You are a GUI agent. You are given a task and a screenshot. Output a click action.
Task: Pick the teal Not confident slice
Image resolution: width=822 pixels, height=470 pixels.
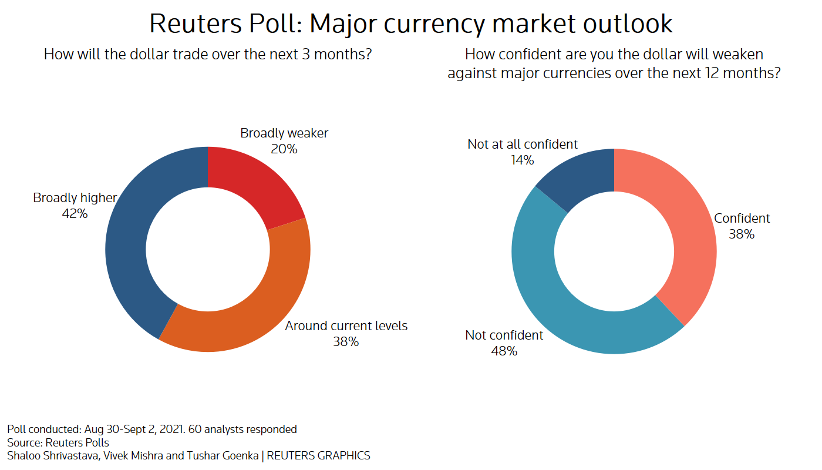[x=564, y=305]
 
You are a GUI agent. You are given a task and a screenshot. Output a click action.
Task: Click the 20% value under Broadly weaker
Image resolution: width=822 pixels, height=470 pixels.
[x=284, y=149]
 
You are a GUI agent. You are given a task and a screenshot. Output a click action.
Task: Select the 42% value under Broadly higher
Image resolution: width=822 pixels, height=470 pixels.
[x=75, y=214]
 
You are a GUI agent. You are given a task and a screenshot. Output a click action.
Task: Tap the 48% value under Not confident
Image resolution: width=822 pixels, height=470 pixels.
[x=504, y=351]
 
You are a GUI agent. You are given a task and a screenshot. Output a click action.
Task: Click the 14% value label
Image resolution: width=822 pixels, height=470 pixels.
[x=522, y=160]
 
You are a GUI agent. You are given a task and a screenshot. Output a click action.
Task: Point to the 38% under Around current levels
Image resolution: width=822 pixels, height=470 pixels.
[x=346, y=341]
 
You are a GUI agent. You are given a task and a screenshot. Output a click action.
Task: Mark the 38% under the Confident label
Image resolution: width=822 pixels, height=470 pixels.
[x=742, y=234]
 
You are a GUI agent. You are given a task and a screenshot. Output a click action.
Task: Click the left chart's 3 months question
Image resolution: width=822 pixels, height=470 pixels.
[x=208, y=55]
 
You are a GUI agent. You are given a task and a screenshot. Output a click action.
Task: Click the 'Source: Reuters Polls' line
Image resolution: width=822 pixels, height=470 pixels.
[x=58, y=442]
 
